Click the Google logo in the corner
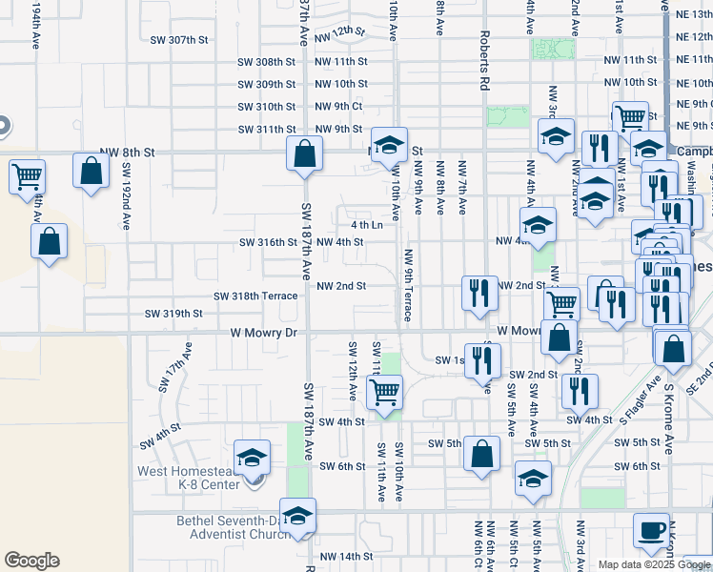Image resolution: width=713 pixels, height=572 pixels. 31,561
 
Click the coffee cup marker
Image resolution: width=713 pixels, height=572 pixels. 653,530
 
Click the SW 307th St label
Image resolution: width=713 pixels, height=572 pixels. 179,40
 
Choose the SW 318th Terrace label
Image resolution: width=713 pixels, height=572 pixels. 256,296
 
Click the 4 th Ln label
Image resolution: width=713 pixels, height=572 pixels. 366,225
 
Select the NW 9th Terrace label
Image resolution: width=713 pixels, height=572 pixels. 409,284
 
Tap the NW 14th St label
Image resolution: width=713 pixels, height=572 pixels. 345,556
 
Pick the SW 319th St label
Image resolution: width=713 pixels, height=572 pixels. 173,313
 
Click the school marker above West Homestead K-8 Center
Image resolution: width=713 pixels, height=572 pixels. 252,458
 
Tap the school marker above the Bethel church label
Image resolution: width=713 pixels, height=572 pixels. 298,516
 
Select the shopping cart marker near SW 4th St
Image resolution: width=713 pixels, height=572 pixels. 384,392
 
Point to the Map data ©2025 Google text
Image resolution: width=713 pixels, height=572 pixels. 654,564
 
